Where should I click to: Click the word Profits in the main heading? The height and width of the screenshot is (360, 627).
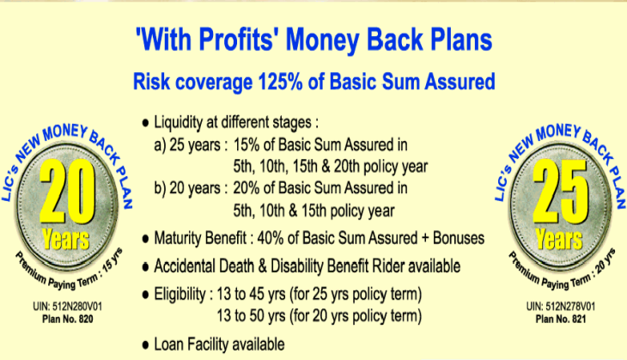pos(236,40)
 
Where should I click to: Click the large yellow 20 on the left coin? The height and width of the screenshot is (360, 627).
pos(68,192)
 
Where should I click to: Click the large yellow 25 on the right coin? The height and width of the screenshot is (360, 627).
pos(561,192)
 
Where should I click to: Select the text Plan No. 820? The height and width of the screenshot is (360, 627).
pos(68,319)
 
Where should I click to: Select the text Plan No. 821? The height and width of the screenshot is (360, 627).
pos(561,319)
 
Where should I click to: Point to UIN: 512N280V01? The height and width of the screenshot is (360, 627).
pos(68,307)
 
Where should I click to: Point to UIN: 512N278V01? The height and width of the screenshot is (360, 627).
pos(561,307)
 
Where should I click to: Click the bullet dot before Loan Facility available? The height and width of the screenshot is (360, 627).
pos(145,345)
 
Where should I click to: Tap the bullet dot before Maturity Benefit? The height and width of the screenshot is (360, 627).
pos(145,239)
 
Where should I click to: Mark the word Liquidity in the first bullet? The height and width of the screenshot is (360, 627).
pos(179,123)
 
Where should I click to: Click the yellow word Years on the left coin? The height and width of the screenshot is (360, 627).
pos(66,239)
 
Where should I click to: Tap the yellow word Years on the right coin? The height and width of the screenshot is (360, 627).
pos(559,239)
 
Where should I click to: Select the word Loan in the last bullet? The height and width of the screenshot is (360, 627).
pos(168,344)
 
